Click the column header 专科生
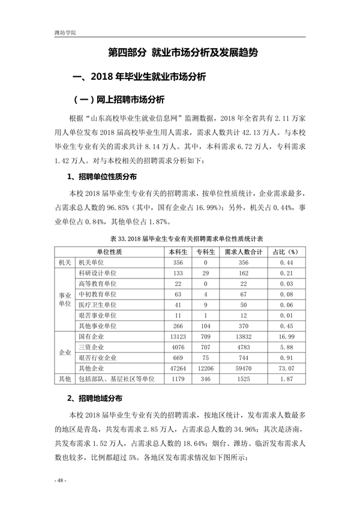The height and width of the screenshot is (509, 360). click(x=205, y=252)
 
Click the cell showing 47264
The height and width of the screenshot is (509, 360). click(x=178, y=368)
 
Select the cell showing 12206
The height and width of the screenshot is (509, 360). click(x=205, y=368)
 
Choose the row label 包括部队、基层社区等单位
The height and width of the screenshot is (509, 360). click(x=116, y=379)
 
